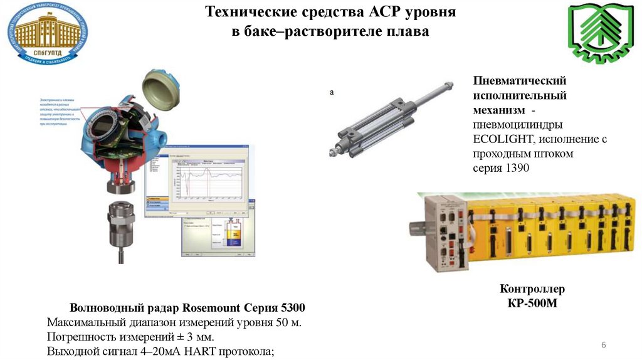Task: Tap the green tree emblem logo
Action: coord(596,35)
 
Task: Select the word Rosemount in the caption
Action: coord(212,309)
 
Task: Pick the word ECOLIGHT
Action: coord(503,139)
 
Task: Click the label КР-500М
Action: coord(532,304)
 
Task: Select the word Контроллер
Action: coord(532,289)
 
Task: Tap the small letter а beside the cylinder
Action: coord(332,93)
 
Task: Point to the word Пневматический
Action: coord(520,82)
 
